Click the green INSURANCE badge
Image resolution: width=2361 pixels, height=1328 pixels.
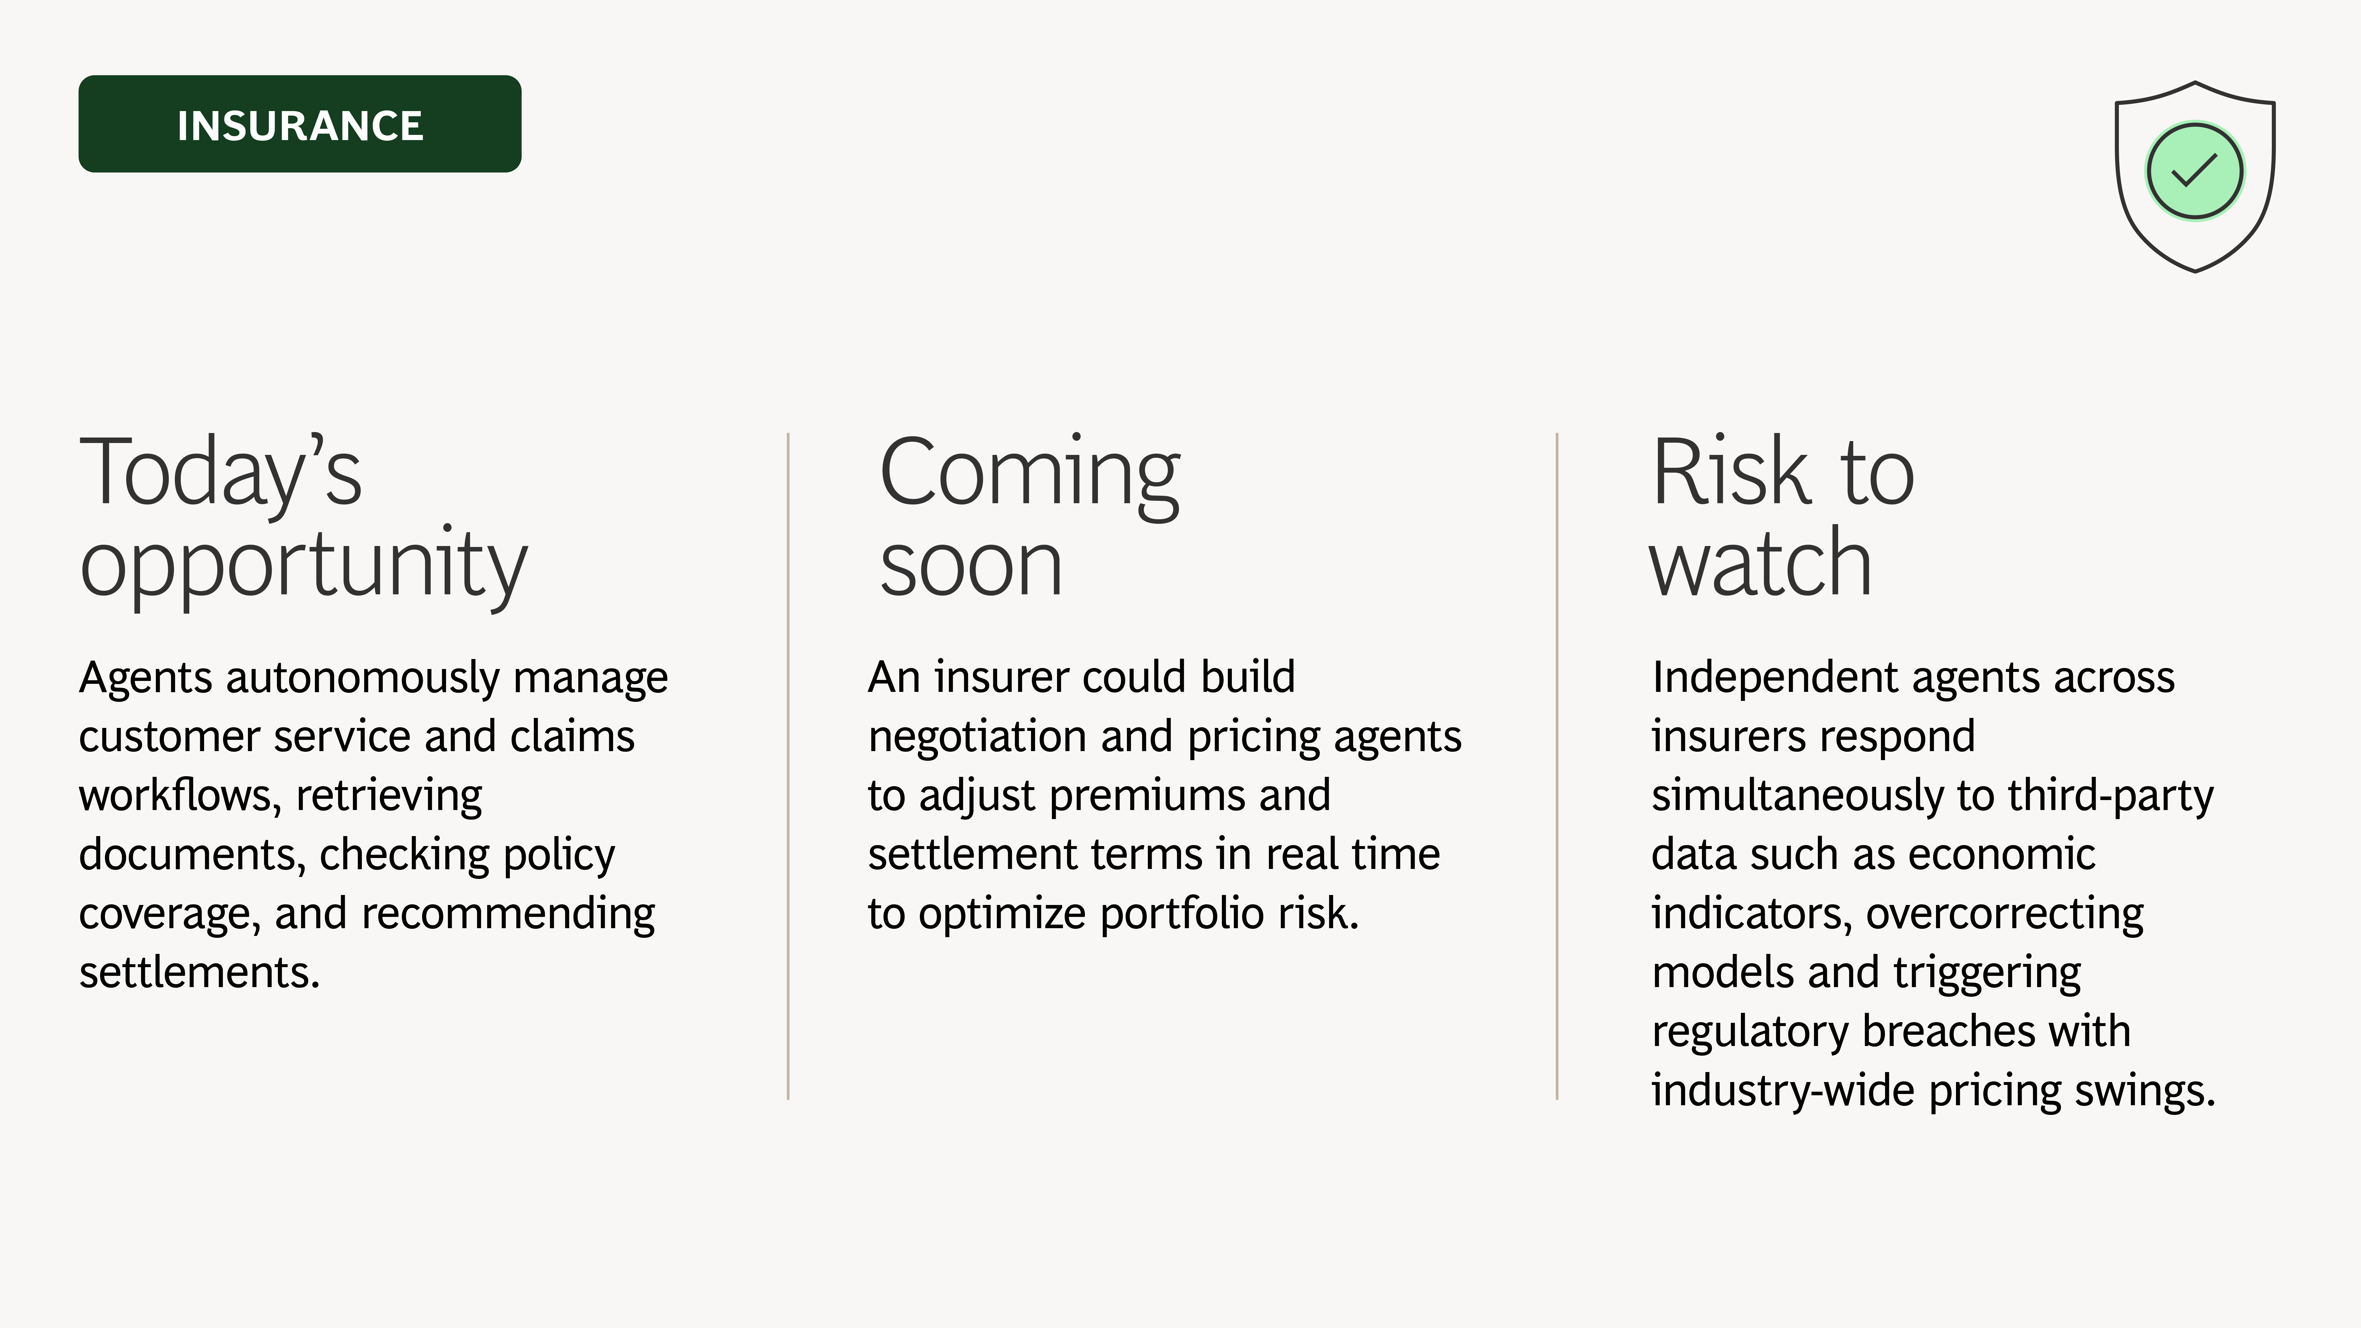300,124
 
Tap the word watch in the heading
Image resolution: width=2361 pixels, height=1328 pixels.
1760,563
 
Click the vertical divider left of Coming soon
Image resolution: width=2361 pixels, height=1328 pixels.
788,766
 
